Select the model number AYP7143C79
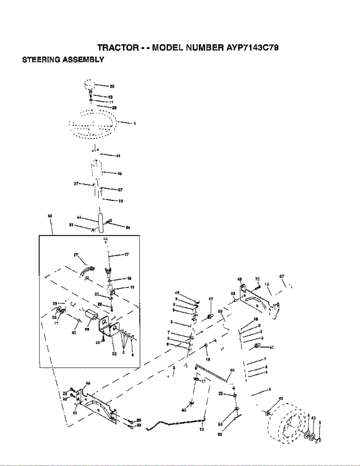tap(252, 48)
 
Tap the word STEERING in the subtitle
tap(41, 60)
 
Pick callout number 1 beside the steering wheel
tap(135, 123)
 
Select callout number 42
tap(120, 174)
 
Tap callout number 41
tap(118, 156)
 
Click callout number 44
tap(79, 217)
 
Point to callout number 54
tap(128, 228)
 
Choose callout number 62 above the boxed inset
tap(50, 216)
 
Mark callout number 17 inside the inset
tap(126, 255)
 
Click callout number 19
tap(132, 287)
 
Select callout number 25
tap(114, 354)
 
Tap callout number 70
tap(257, 279)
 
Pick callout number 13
tap(267, 284)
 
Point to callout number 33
tap(232, 370)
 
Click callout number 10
tap(202, 429)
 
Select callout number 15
tap(208, 360)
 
